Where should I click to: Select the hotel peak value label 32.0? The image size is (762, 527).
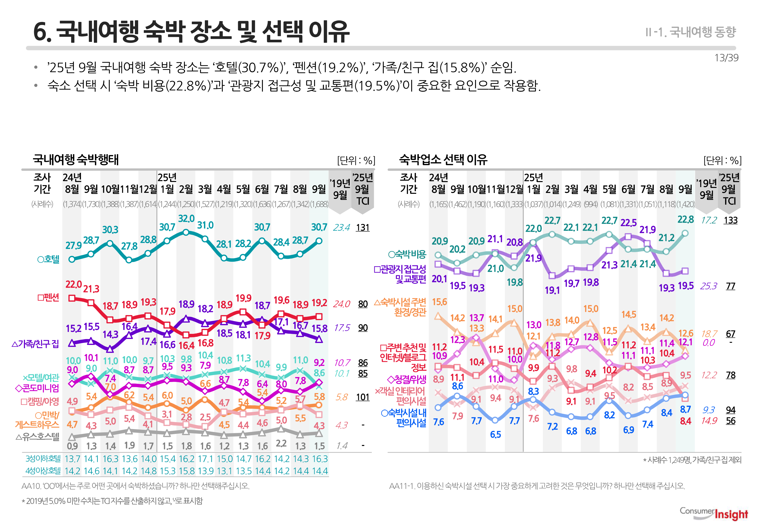pos(186,219)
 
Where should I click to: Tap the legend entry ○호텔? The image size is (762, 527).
pos(48,259)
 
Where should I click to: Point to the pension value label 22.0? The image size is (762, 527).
pos(73,284)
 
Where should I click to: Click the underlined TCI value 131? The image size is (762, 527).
pos(363,227)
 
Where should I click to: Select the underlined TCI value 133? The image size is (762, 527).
pos(730,220)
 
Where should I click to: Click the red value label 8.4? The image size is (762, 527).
pos(685,421)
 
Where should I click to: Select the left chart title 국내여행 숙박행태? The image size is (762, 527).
pos(76,160)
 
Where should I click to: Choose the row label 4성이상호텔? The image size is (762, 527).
pos(43,471)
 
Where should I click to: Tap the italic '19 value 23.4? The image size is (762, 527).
pos(341,227)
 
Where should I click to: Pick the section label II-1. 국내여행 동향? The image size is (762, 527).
pos(690,32)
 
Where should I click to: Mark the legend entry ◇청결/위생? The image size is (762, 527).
pos(406,379)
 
